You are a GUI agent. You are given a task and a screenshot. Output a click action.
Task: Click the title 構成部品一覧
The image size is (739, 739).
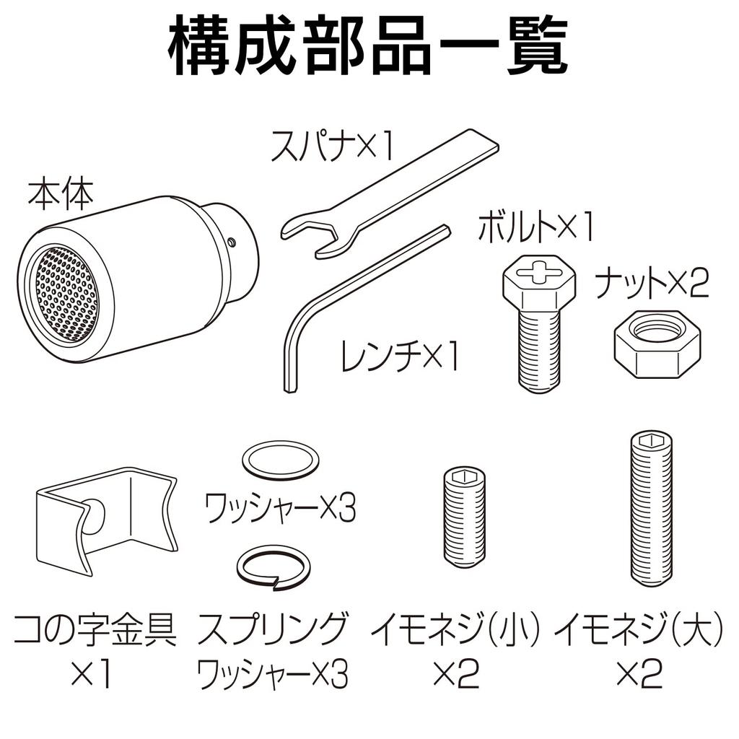coord(369,48)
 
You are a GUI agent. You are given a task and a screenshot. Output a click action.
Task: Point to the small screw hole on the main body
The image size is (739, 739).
coord(230,241)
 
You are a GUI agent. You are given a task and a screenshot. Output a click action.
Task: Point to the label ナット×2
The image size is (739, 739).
coord(652,285)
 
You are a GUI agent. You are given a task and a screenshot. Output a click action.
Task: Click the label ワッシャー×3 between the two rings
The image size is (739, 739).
coord(281,509)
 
